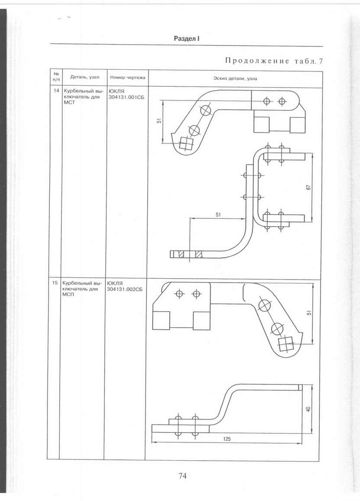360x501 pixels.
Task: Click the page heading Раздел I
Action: pos(187,39)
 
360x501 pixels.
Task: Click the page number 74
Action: pos(182,476)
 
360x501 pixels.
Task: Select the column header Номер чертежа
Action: pos(127,77)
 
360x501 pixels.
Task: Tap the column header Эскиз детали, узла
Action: pos(235,78)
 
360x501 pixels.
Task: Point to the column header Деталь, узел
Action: pos(84,77)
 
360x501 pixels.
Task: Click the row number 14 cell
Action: pos(56,91)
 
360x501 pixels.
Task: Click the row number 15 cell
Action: pos(55,283)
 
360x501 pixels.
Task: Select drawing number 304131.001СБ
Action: pos(126,97)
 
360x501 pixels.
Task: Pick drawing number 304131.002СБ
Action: pos(125,289)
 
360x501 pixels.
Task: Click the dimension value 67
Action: pos(308,188)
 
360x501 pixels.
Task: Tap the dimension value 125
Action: pos(227,439)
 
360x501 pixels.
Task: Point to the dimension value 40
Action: pos(308,409)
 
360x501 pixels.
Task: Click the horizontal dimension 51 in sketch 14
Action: pos(218,215)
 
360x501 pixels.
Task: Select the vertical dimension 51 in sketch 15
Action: pos(309,313)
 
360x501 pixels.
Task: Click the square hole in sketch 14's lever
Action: pos(185,143)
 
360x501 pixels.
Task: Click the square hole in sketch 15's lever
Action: pos(285,344)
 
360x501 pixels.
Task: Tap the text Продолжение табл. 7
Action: pos(274,61)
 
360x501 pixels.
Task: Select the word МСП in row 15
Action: pos(68,294)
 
